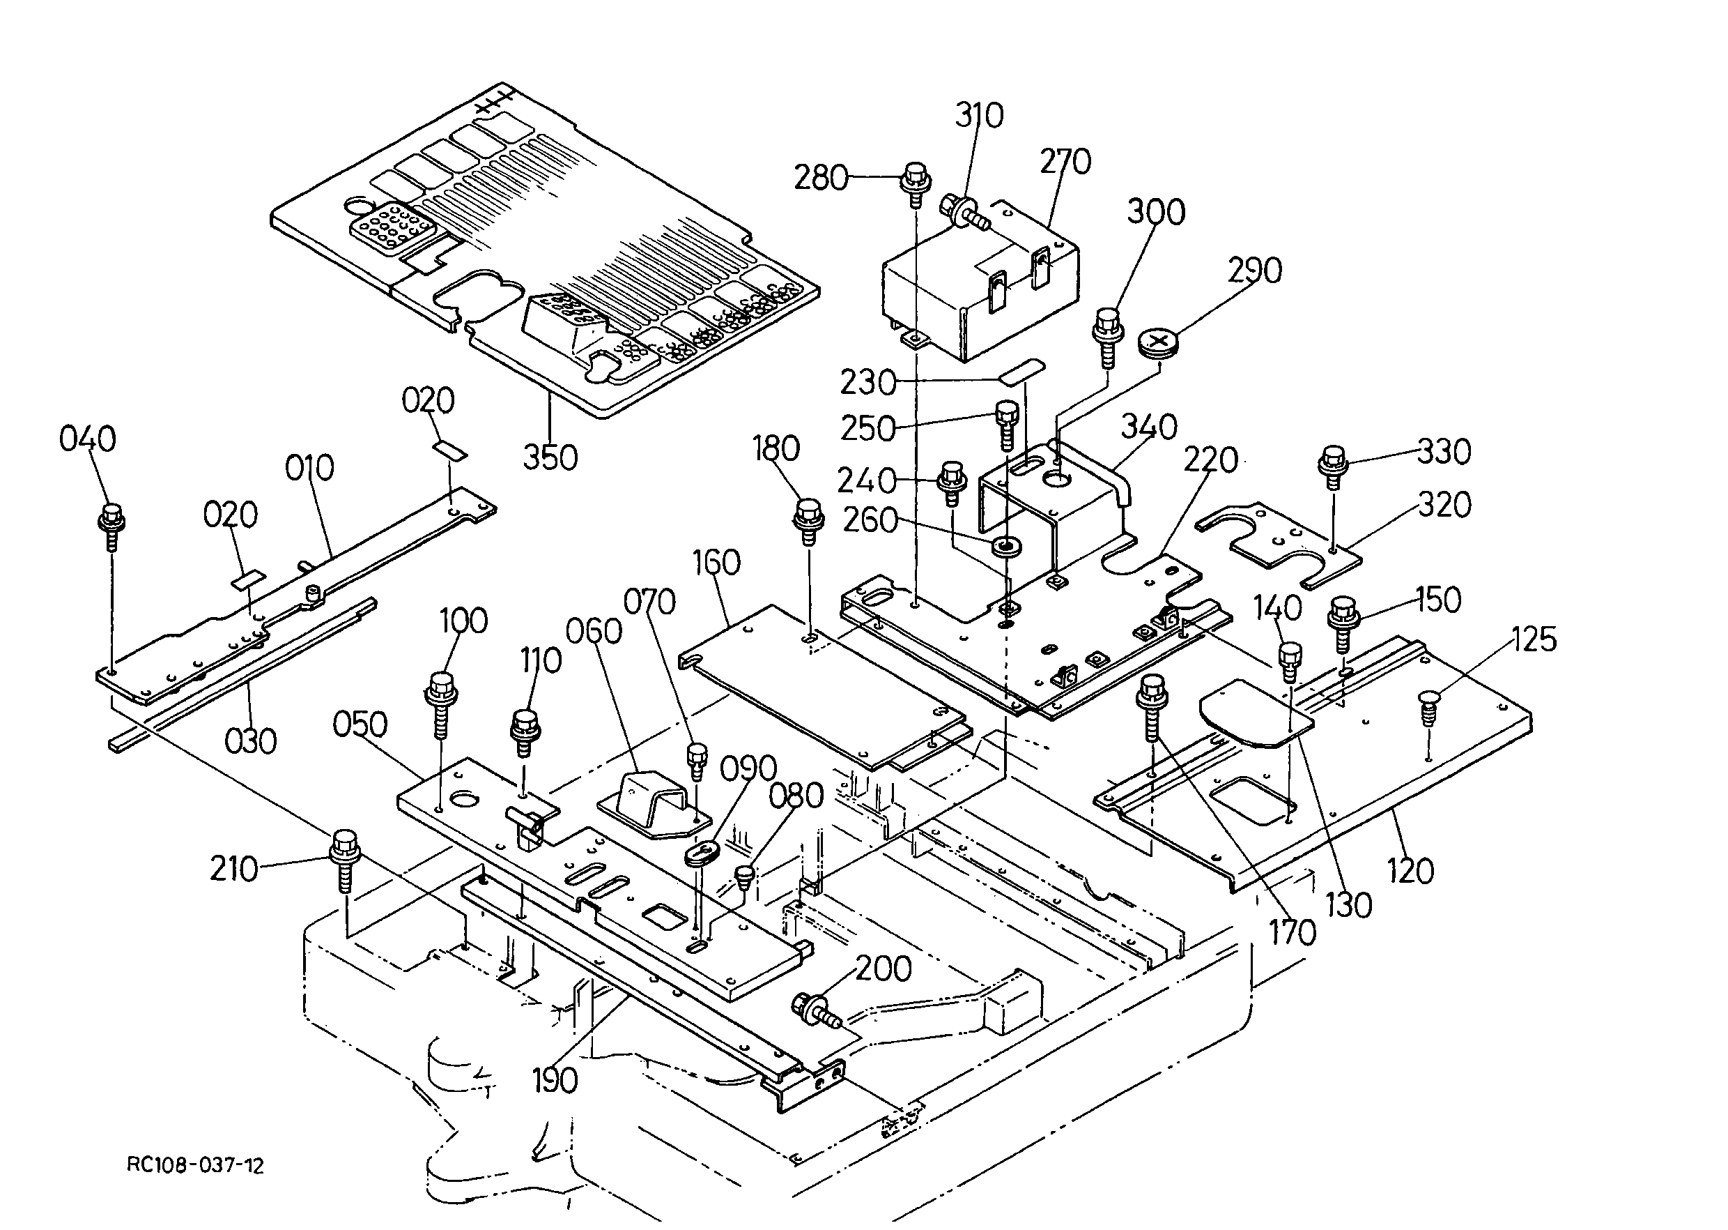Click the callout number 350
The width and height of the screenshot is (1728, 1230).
pos(550,457)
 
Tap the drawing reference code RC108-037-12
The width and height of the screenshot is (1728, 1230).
pos(195,1166)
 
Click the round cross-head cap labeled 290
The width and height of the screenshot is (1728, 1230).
pos(1158,343)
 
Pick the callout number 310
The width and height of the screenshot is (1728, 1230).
pos(979,116)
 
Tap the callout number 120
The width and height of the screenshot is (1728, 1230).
pos(1411,871)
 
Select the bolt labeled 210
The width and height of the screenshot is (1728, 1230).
pos(345,863)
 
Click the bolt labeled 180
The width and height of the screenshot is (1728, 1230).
pos(808,522)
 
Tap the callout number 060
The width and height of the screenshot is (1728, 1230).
pos(594,631)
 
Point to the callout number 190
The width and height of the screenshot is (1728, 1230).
pos(555,1081)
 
